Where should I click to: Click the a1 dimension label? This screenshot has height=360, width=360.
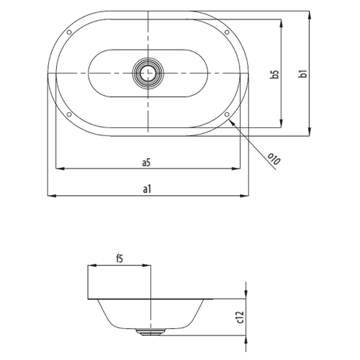147,189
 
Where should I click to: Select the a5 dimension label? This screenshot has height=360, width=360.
146,163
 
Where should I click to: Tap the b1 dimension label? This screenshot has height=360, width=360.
303,73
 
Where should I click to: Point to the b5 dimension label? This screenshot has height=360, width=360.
275,74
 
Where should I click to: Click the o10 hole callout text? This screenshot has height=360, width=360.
274,159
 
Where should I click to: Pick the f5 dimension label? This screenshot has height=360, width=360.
120,259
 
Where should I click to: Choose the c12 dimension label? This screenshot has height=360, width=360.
240,317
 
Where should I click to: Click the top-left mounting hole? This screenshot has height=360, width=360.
69,32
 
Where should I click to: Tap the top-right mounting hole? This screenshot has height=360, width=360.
227,32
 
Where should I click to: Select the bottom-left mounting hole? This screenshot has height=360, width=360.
69,114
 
